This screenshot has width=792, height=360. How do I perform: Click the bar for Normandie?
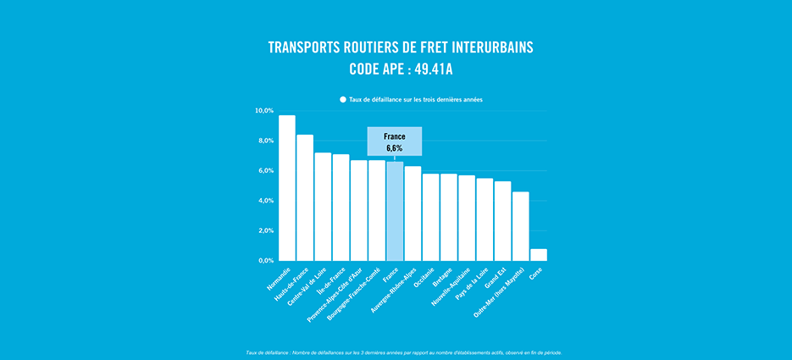[x=287, y=188]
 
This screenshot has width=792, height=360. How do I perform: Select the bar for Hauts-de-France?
[x=305, y=197]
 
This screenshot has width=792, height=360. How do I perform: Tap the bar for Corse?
[x=539, y=255]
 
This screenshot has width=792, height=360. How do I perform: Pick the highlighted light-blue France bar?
[x=395, y=211]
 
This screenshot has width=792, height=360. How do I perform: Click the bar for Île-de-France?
[x=341, y=208]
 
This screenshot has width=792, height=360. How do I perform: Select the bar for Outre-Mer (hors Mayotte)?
[x=520, y=226]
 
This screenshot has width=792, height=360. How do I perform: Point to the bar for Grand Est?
[x=502, y=221]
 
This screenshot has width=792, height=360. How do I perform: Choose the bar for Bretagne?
[x=449, y=217]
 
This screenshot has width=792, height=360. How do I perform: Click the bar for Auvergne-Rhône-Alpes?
[x=413, y=213]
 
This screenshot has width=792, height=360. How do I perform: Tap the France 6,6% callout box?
[x=395, y=141]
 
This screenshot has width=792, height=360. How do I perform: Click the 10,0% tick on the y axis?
[x=264, y=111]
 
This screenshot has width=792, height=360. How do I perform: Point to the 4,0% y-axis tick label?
[x=265, y=201]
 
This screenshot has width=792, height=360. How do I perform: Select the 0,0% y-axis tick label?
[x=265, y=261]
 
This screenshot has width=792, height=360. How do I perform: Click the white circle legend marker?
[x=343, y=99]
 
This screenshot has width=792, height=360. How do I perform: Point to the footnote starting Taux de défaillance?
[x=403, y=352]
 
